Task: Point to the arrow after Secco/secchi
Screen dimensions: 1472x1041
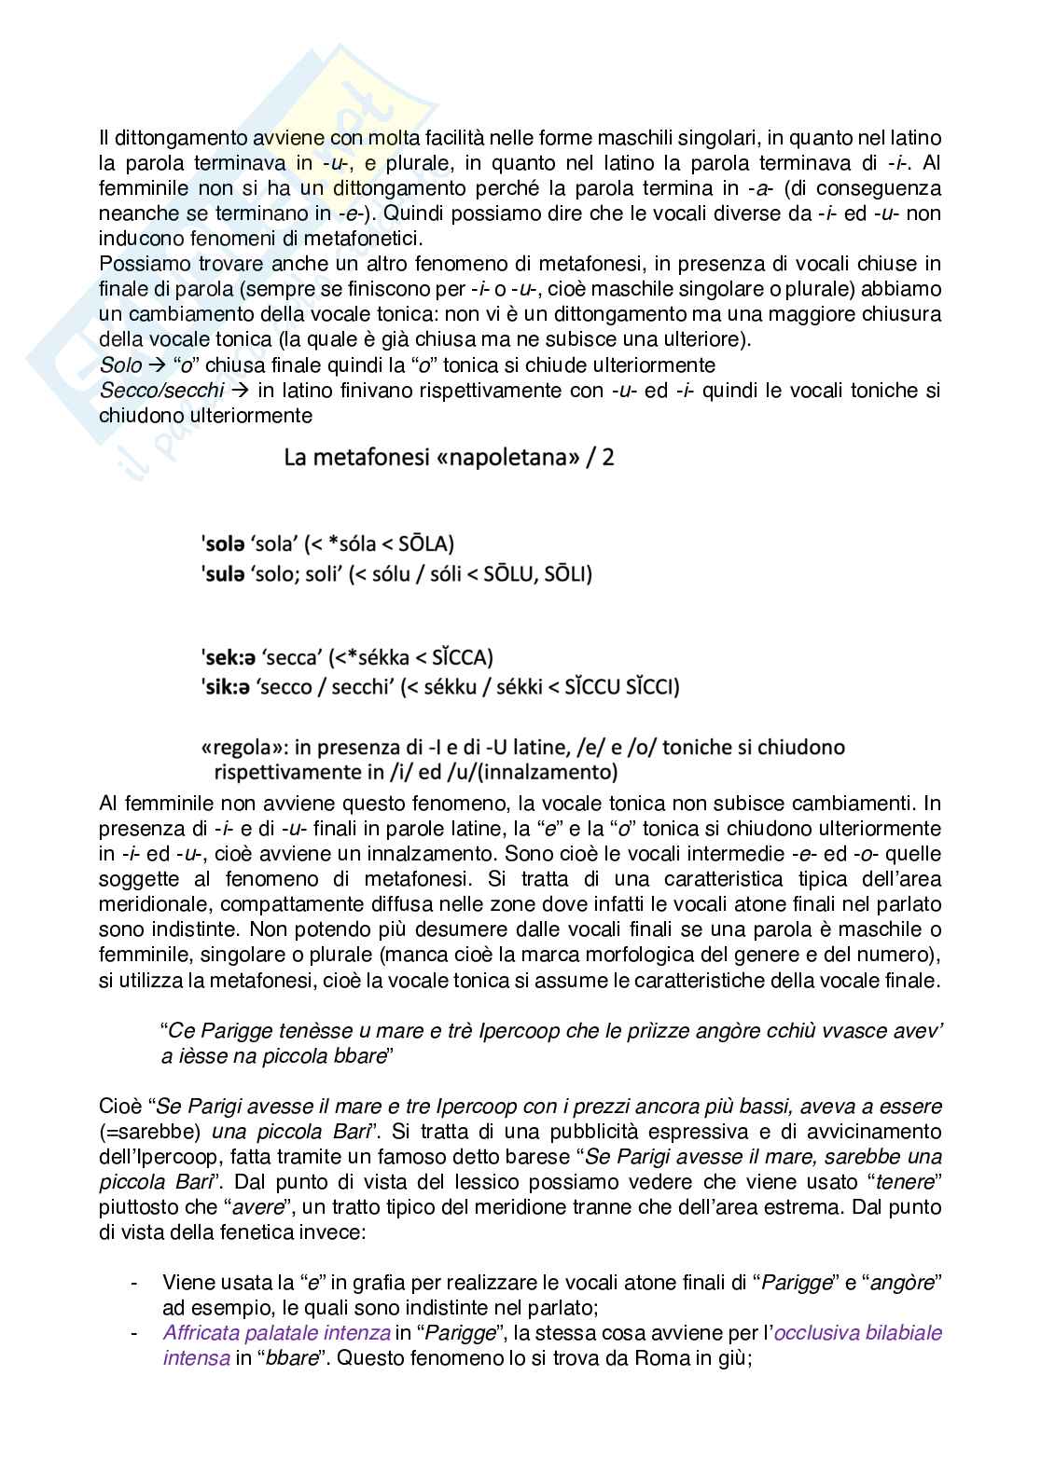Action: click(x=239, y=390)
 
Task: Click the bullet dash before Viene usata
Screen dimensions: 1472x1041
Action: click(x=136, y=1283)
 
